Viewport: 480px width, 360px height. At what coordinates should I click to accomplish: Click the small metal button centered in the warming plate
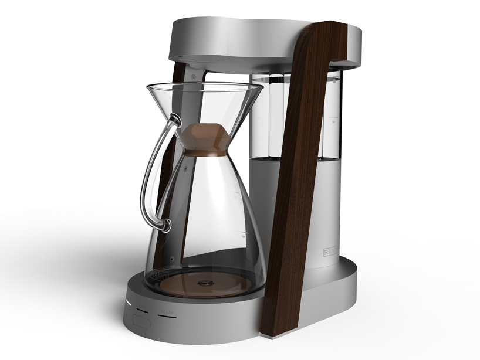[205, 283]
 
